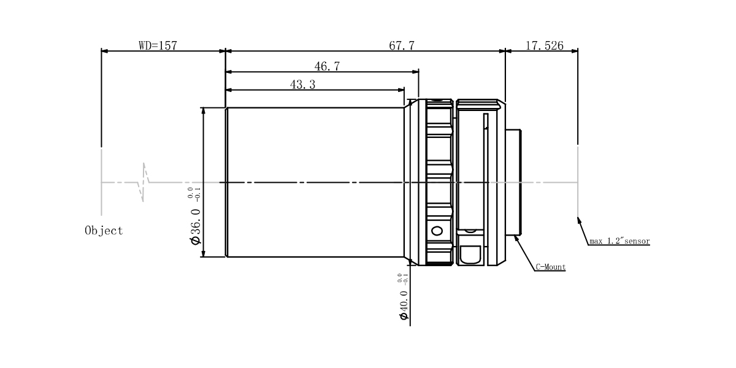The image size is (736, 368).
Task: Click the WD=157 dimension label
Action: (158, 45)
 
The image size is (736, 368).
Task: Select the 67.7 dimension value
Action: (402, 45)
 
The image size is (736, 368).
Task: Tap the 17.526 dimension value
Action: (545, 45)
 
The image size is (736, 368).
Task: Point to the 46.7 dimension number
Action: (327, 66)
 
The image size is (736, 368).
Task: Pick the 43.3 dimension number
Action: (302, 85)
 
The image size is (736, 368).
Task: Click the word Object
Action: (104, 231)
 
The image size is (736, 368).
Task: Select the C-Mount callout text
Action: (551, 267)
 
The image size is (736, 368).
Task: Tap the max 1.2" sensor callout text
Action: (619, 241)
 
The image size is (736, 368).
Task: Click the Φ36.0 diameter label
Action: (195, 227)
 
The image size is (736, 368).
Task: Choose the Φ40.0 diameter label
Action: (404, 305)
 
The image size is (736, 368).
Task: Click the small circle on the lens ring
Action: (437, 231)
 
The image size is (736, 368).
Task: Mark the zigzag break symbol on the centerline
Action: (144, 182)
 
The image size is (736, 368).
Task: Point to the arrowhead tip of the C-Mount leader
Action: (514, 236)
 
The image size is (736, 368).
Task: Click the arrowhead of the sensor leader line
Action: (578, 217)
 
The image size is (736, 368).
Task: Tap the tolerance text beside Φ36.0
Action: (194, 194)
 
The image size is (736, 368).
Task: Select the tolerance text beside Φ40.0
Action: (402, 278)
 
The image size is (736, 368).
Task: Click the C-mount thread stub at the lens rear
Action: (513, 182)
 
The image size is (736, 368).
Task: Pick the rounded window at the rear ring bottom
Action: (470, 255)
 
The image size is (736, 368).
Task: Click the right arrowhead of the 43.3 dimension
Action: (404, 90)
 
